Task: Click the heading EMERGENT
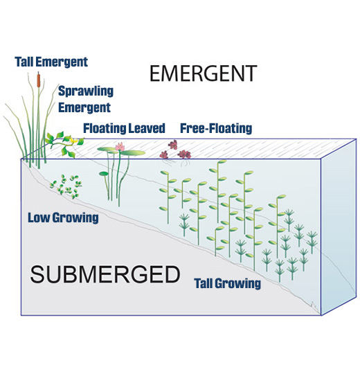(203, 73)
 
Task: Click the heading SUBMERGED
(105, 274)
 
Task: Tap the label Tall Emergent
(51, 62)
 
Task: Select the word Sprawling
(86, 91)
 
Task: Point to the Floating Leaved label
(124, 128)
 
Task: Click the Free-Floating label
(216, 128)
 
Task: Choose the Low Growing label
(63, 217)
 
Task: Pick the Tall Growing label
(228, 283)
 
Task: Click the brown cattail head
(38, 80)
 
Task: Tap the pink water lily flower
(120, 146)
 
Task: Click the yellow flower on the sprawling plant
(73, 141)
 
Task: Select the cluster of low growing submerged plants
(66, 186)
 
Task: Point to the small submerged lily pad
(104, 174)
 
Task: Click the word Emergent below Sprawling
(84, 108)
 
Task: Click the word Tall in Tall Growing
(204, 283)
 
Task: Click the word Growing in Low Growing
(75, 218)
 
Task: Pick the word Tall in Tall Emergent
(24, 62)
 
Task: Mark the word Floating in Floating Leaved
(105, 129)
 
